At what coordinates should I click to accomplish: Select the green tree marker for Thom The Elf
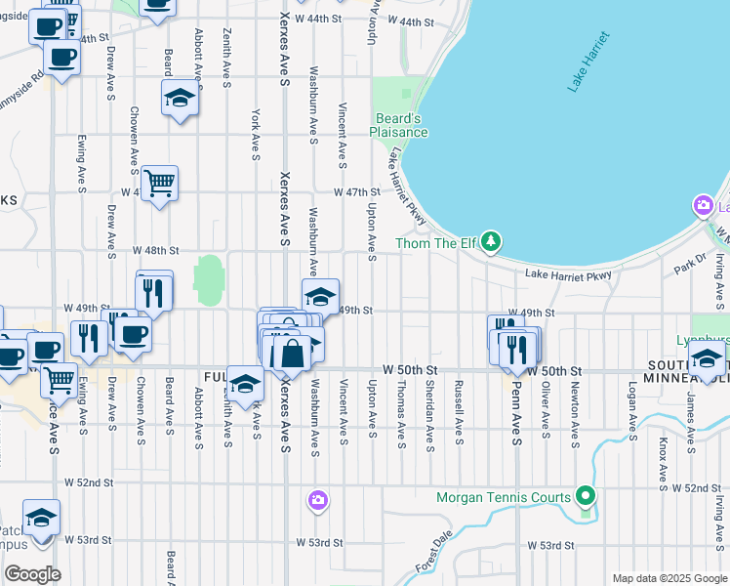pyautogui.click(x=493, y=240)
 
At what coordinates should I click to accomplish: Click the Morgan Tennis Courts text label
pyautogui.click(x=504, y=498)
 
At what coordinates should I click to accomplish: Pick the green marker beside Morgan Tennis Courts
pyautogui.click(x=585, y=498)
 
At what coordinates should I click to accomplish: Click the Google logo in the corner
pyautogui.click(x=32, y=573)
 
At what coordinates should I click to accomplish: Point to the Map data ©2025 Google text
pyautogui.click(x=669, y=578)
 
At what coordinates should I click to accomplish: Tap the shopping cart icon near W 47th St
pyautogui.click(x=159, y=183)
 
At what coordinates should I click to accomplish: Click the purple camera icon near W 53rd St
pyautogui.click(x=317, y=501)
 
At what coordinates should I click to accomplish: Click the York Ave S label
pyautogui.click(x=255, y=134)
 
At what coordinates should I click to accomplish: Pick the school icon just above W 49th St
pyautogui.click(x=319, y=295)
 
